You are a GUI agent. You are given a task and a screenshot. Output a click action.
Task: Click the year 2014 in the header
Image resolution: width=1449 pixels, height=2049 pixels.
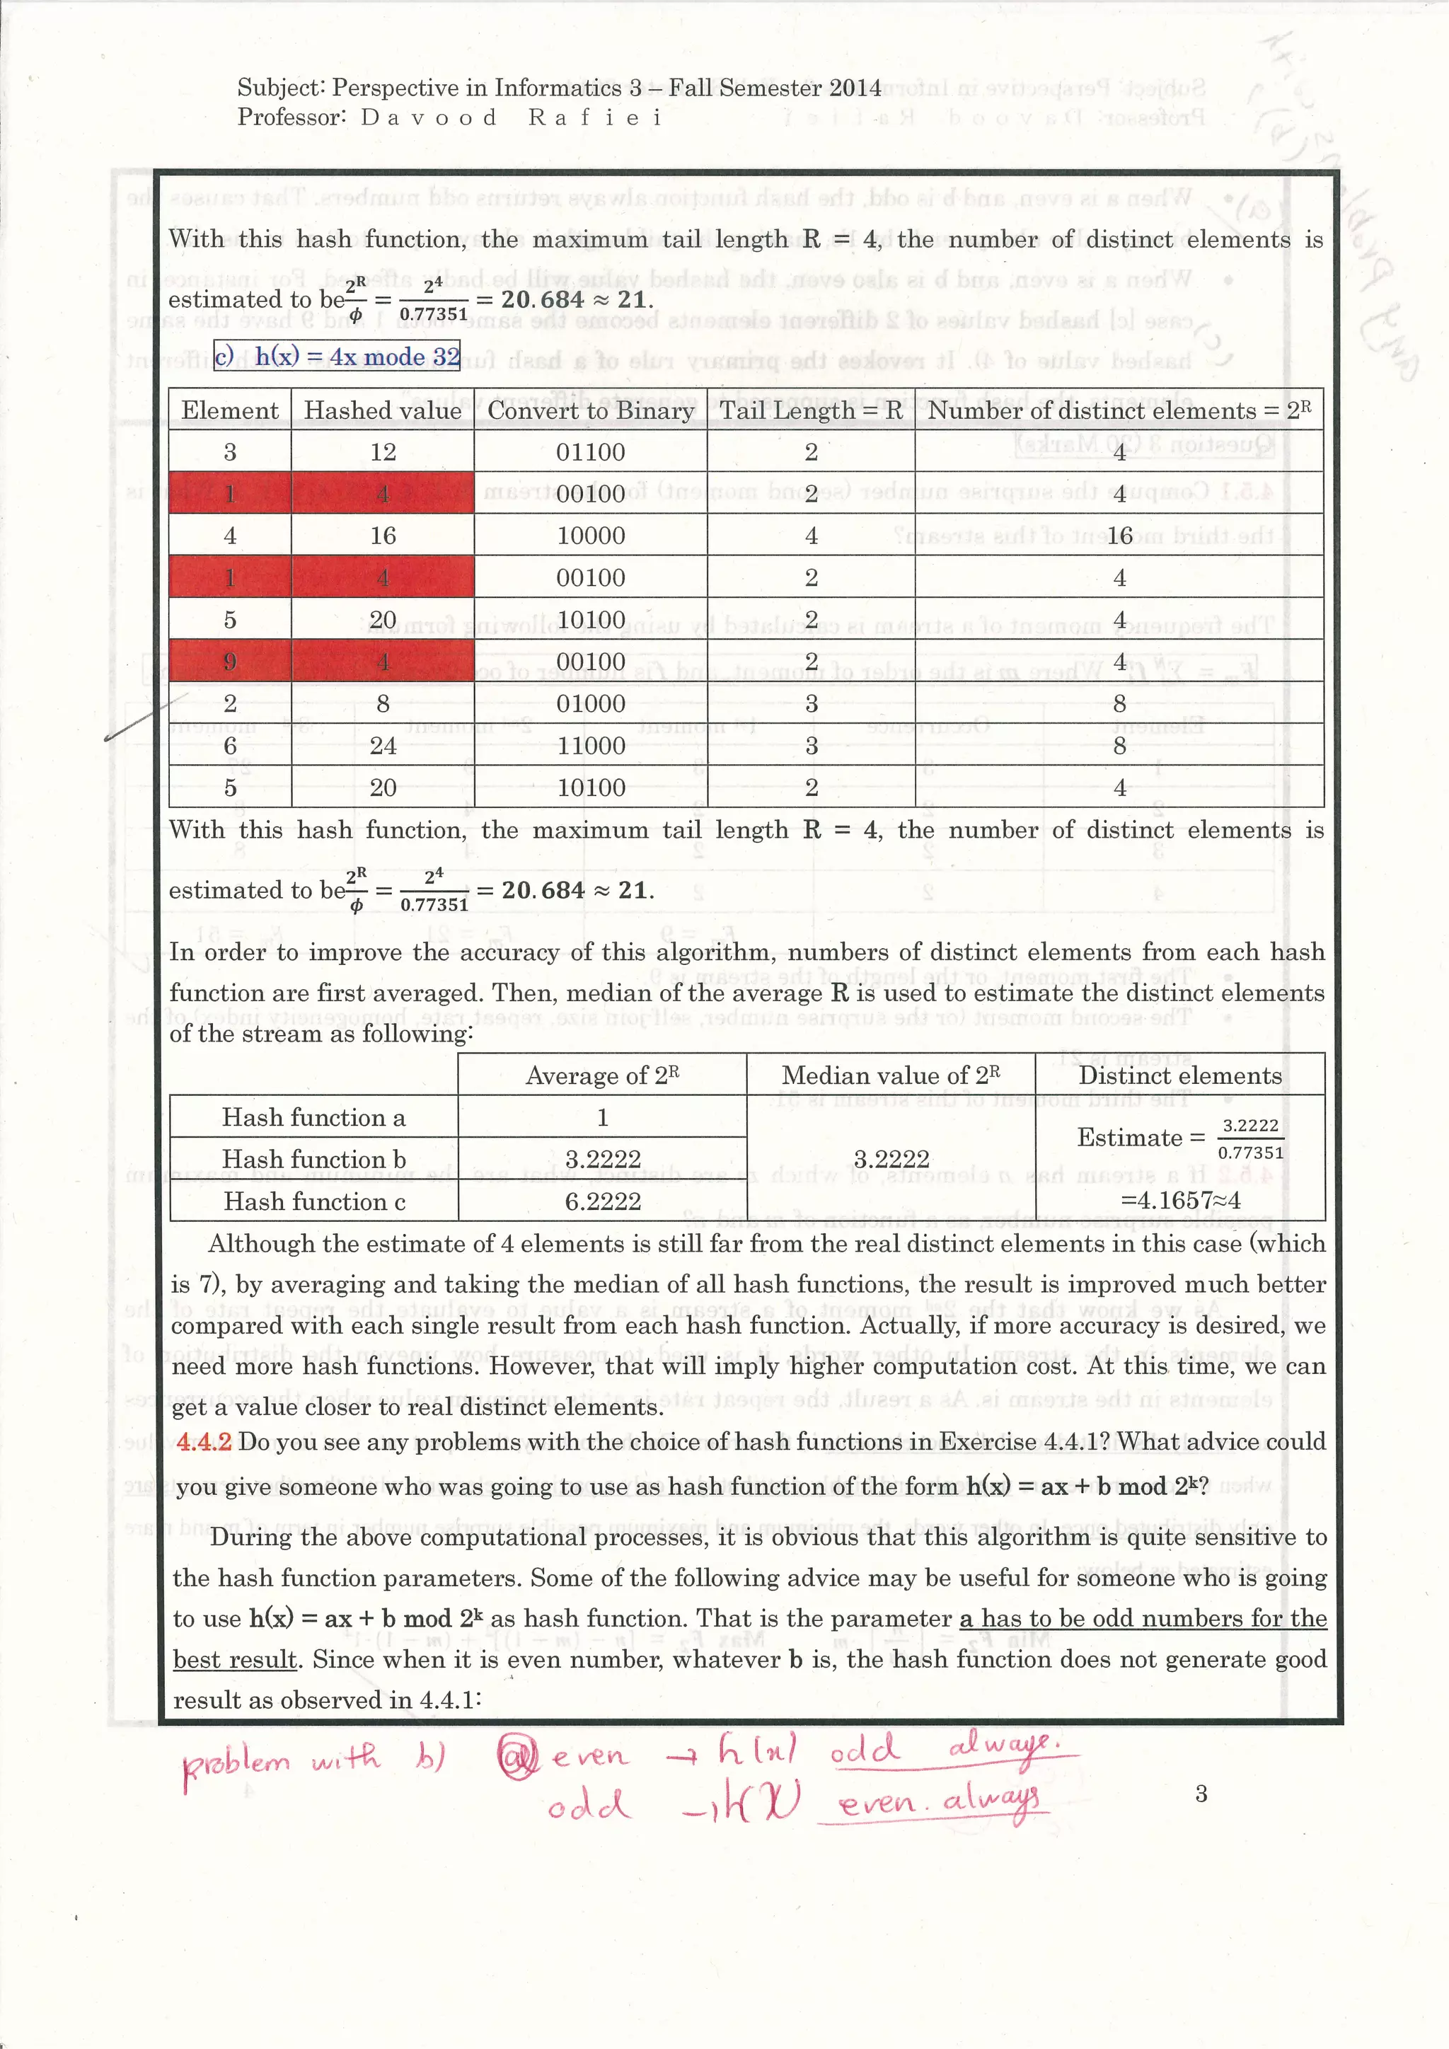(854, 88)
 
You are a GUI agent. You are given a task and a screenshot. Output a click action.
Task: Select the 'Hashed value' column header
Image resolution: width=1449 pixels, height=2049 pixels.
(383, 410)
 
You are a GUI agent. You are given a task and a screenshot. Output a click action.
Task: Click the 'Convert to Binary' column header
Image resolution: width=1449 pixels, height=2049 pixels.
(591, 410)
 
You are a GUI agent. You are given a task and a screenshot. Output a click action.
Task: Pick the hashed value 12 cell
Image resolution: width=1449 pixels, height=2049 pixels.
(383, 452)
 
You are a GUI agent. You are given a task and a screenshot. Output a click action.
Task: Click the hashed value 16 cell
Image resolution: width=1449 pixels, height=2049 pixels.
(383, 536)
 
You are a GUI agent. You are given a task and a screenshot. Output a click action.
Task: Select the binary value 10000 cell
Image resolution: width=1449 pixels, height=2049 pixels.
(591, 536)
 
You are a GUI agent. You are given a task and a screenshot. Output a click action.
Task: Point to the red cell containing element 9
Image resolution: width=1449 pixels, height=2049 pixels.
(230, 662)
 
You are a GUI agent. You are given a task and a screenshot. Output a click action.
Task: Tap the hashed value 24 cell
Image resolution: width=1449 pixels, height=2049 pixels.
(383, 745)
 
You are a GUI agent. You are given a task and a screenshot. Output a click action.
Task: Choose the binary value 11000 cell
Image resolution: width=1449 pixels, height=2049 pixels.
(591, 745)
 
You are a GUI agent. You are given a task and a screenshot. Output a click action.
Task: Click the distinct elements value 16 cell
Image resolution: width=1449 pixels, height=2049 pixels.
(1120, 536)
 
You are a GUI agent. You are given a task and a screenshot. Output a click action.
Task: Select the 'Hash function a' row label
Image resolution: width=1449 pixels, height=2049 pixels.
(313, 1117)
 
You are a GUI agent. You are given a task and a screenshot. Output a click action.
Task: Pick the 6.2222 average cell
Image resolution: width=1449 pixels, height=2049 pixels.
(602, 1201)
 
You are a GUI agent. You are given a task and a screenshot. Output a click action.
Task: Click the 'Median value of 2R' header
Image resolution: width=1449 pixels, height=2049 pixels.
(891, 1075)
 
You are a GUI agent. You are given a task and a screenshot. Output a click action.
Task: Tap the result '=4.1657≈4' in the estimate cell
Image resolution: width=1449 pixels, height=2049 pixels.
(1179, 1200)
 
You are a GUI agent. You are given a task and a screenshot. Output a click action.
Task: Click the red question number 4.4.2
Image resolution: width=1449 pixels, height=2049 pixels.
(204, 1442)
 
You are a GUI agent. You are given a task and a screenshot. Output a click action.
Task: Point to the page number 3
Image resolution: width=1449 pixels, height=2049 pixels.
(1201, 1794)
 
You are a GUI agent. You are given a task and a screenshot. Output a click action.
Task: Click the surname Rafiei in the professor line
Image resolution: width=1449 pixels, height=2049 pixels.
(594, 117)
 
